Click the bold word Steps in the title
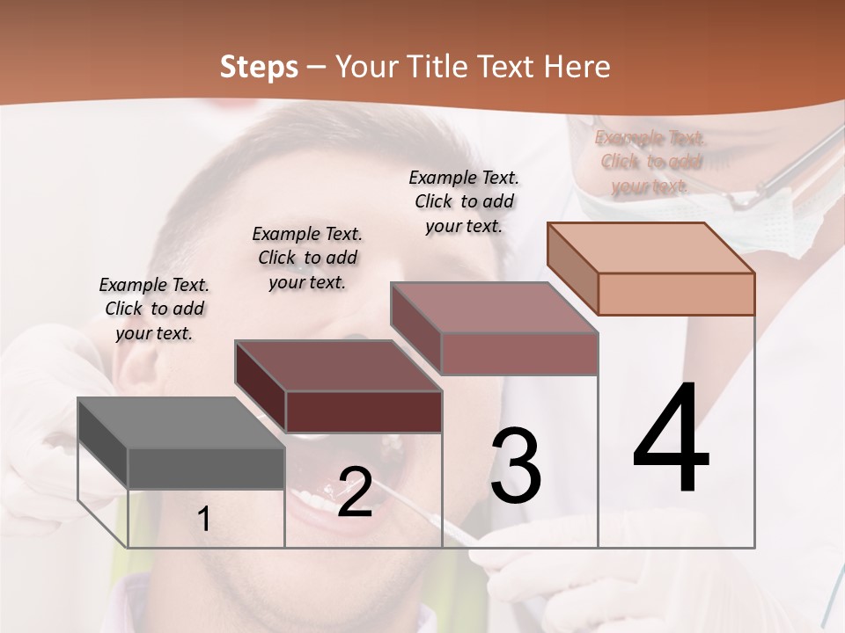coord(259,67)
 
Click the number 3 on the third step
coord(516,465)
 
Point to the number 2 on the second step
coord(355,491)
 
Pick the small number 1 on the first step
coord(203,519)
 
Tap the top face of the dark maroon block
coord(337,366)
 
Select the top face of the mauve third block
coord(493,308)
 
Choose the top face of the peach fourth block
coord(650,248)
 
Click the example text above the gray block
coord(154,309)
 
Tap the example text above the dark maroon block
coord(307,258)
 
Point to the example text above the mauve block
coord(464,201)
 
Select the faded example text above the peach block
coord(650,162)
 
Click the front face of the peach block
coord(676,294)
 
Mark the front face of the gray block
coord(206,468)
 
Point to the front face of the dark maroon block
coord(364,411)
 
